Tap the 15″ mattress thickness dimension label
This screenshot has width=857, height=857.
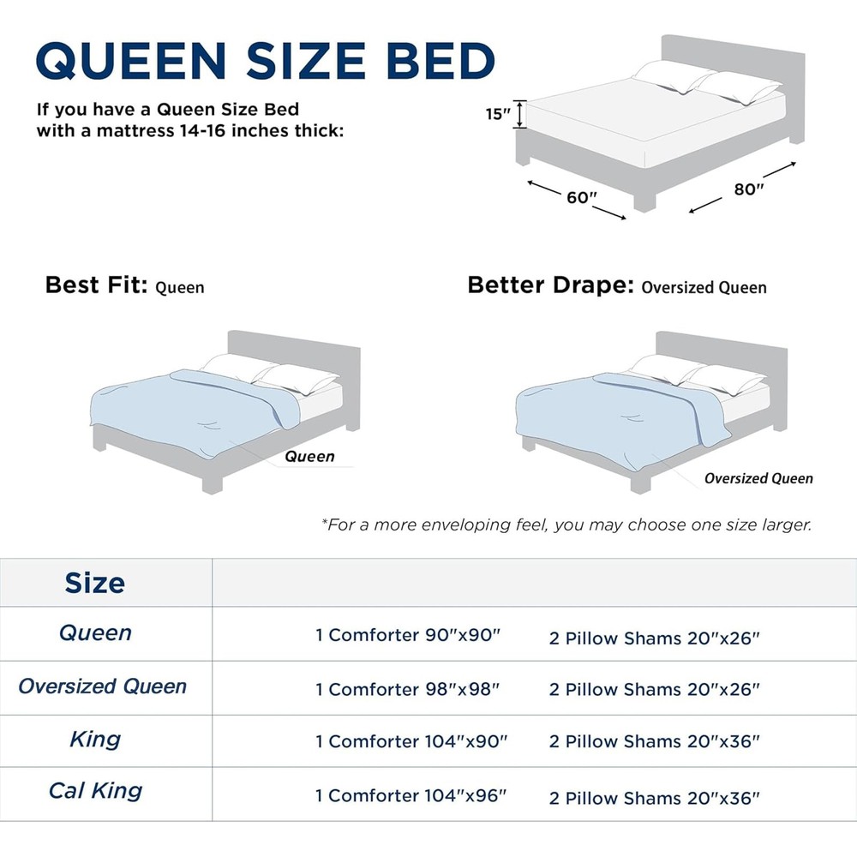497,114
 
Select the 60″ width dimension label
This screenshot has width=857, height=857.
581,197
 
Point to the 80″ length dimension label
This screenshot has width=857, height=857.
748,189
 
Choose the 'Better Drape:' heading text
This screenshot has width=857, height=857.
550,285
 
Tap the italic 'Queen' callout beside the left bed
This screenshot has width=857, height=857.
309,456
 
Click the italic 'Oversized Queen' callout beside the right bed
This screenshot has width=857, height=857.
758,478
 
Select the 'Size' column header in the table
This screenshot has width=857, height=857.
94,584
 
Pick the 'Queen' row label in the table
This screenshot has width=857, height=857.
95,633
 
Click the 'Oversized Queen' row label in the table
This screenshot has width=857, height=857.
102,686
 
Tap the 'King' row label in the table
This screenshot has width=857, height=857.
95,739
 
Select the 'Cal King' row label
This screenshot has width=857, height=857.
95,790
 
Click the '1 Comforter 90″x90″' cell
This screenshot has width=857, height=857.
407,636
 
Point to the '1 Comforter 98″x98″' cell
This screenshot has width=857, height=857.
407,689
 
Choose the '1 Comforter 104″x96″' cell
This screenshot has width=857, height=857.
411,796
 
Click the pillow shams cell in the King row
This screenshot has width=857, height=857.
655,741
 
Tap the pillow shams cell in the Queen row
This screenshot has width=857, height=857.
655,638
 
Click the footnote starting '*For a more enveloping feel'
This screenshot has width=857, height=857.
566,524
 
